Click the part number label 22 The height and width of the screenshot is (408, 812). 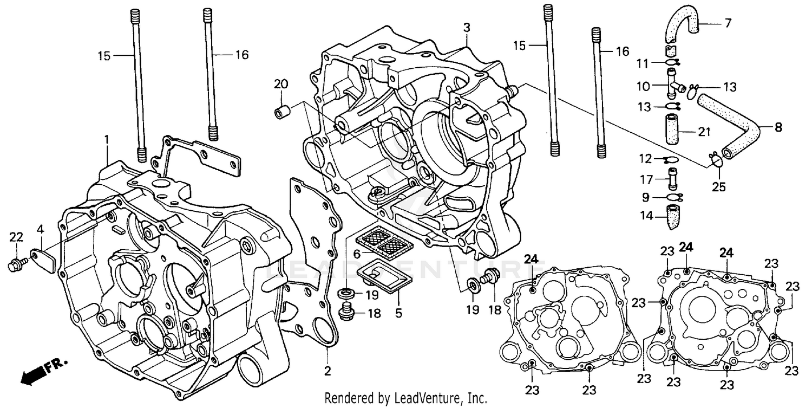16,237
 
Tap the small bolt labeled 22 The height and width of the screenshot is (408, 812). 17,265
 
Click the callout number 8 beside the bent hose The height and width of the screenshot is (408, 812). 778,128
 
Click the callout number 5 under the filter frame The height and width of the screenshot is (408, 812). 398,313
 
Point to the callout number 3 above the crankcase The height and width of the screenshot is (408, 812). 467,27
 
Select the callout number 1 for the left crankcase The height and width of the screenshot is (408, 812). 107,139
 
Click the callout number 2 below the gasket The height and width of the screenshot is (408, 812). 327,371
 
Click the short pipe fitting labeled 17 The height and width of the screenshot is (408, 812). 672,178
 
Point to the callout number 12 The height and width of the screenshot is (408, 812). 645,159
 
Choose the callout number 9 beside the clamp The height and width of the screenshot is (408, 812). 645,197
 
